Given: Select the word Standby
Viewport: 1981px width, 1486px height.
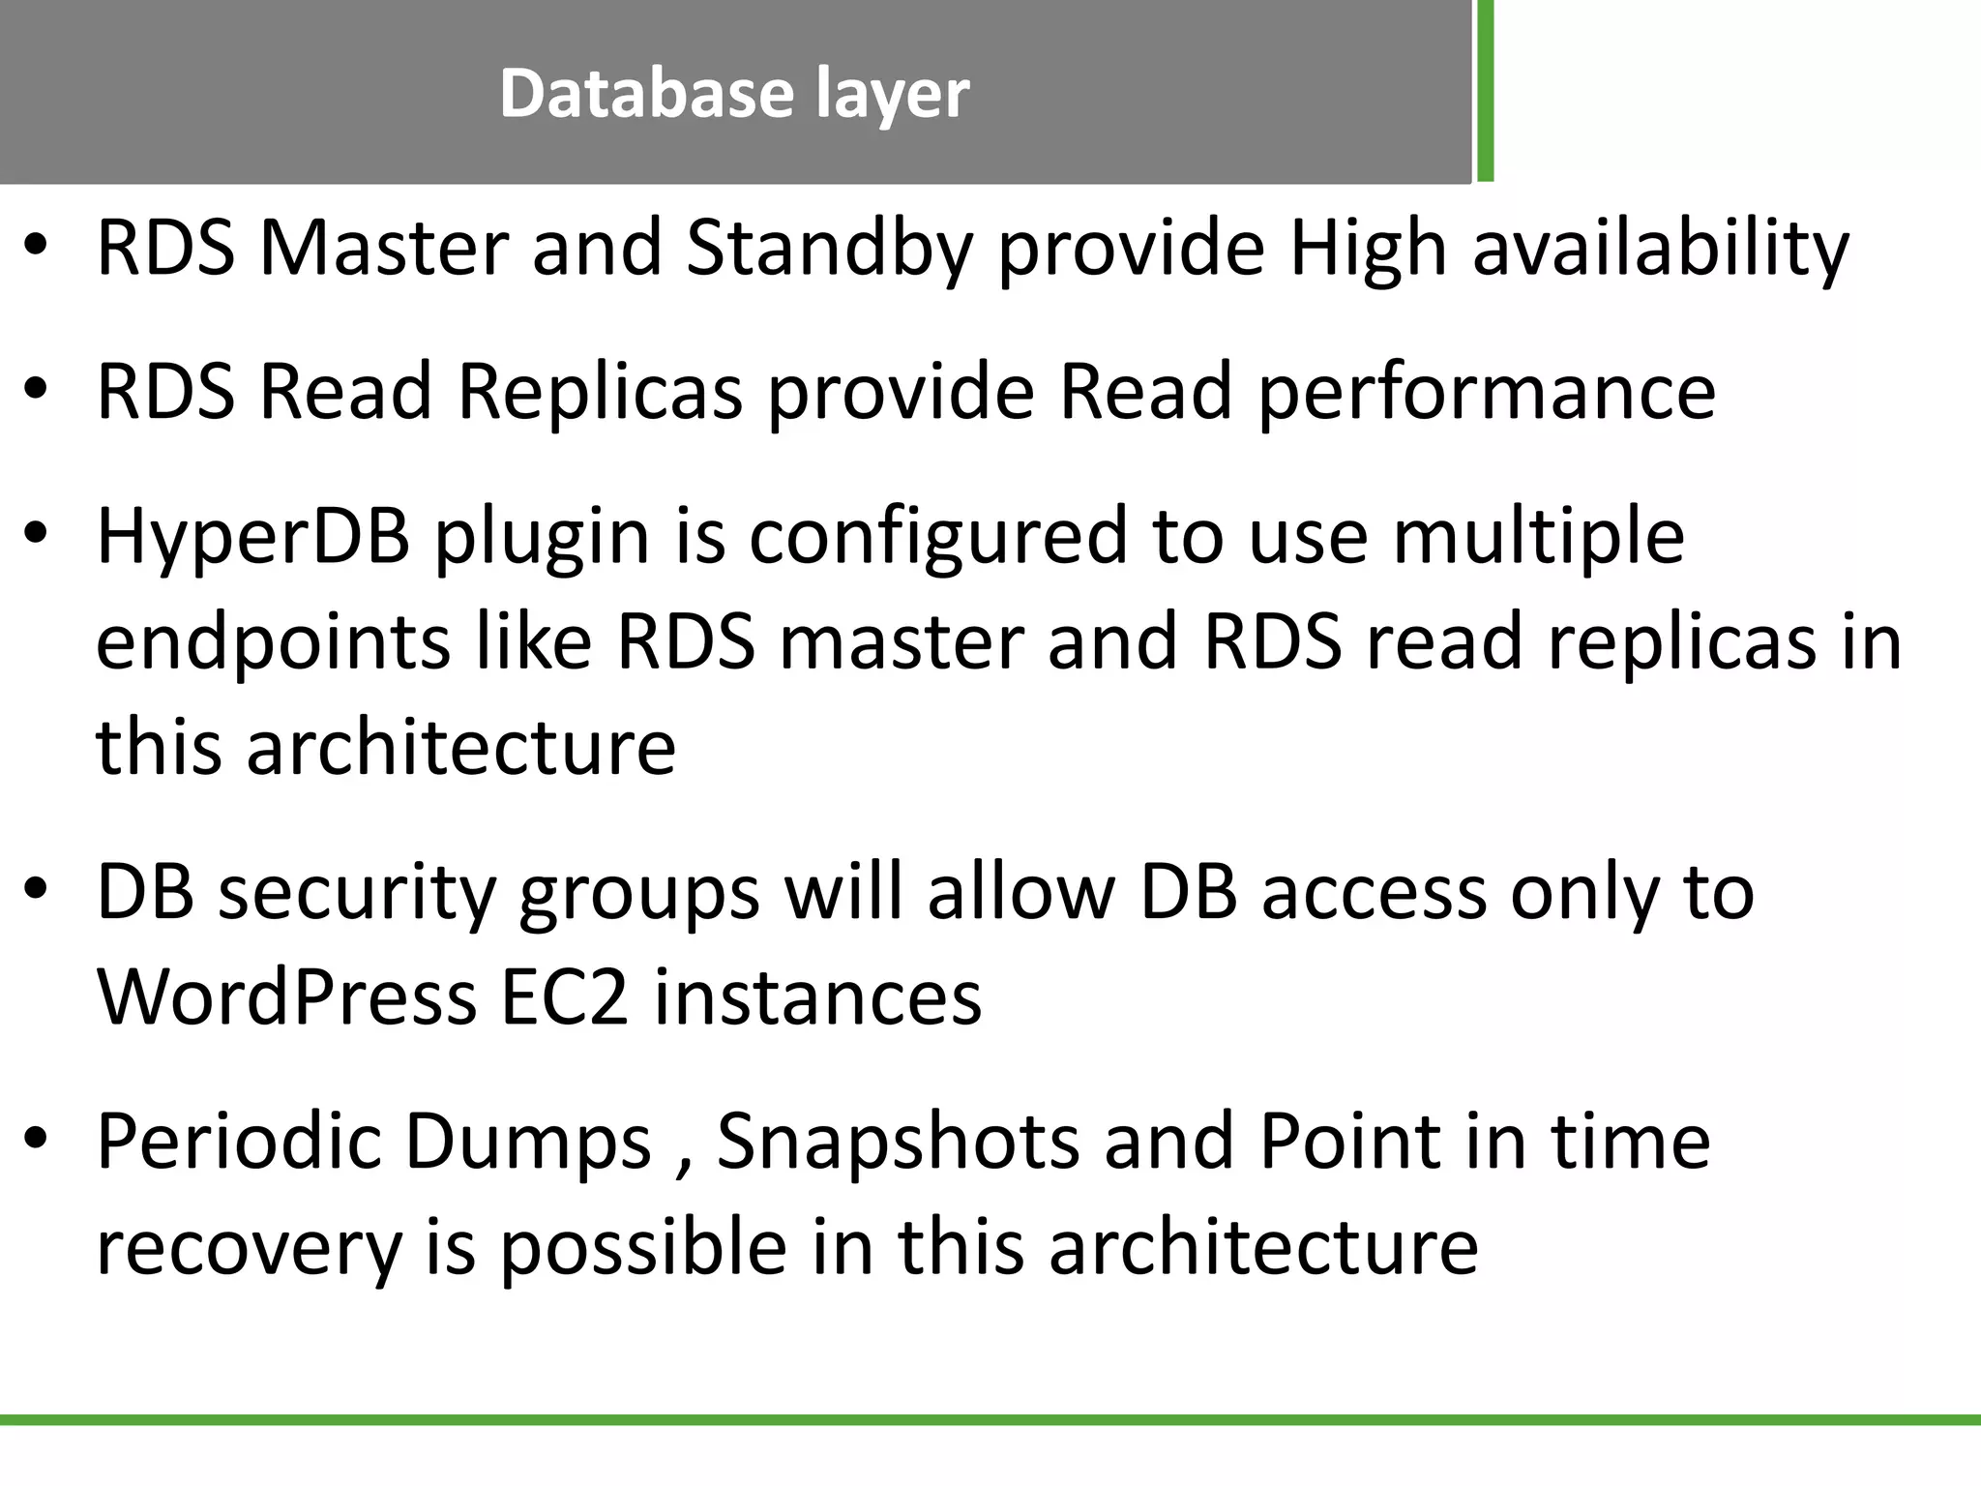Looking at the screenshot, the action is [828, 249].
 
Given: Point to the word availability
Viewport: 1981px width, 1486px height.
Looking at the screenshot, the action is [1661, 249].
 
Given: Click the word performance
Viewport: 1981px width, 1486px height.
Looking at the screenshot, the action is [1486, 392].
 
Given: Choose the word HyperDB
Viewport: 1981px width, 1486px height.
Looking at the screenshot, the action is [253, 537].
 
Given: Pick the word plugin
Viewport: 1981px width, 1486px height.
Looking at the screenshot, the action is [542, 537].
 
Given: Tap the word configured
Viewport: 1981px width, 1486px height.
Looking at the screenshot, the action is [938, 537].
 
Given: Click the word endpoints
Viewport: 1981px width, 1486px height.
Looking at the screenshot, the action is [273, 642].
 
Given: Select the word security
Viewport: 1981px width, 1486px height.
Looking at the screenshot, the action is [356, 892].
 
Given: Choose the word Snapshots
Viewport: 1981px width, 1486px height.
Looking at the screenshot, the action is [898, 1142].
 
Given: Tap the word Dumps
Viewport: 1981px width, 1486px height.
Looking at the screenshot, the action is [528, 1142].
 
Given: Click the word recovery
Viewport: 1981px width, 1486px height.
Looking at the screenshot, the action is [249, 1248].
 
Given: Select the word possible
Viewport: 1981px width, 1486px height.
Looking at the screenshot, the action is [642, 1248].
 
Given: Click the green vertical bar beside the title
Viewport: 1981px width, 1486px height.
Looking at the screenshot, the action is [1485, 91].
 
